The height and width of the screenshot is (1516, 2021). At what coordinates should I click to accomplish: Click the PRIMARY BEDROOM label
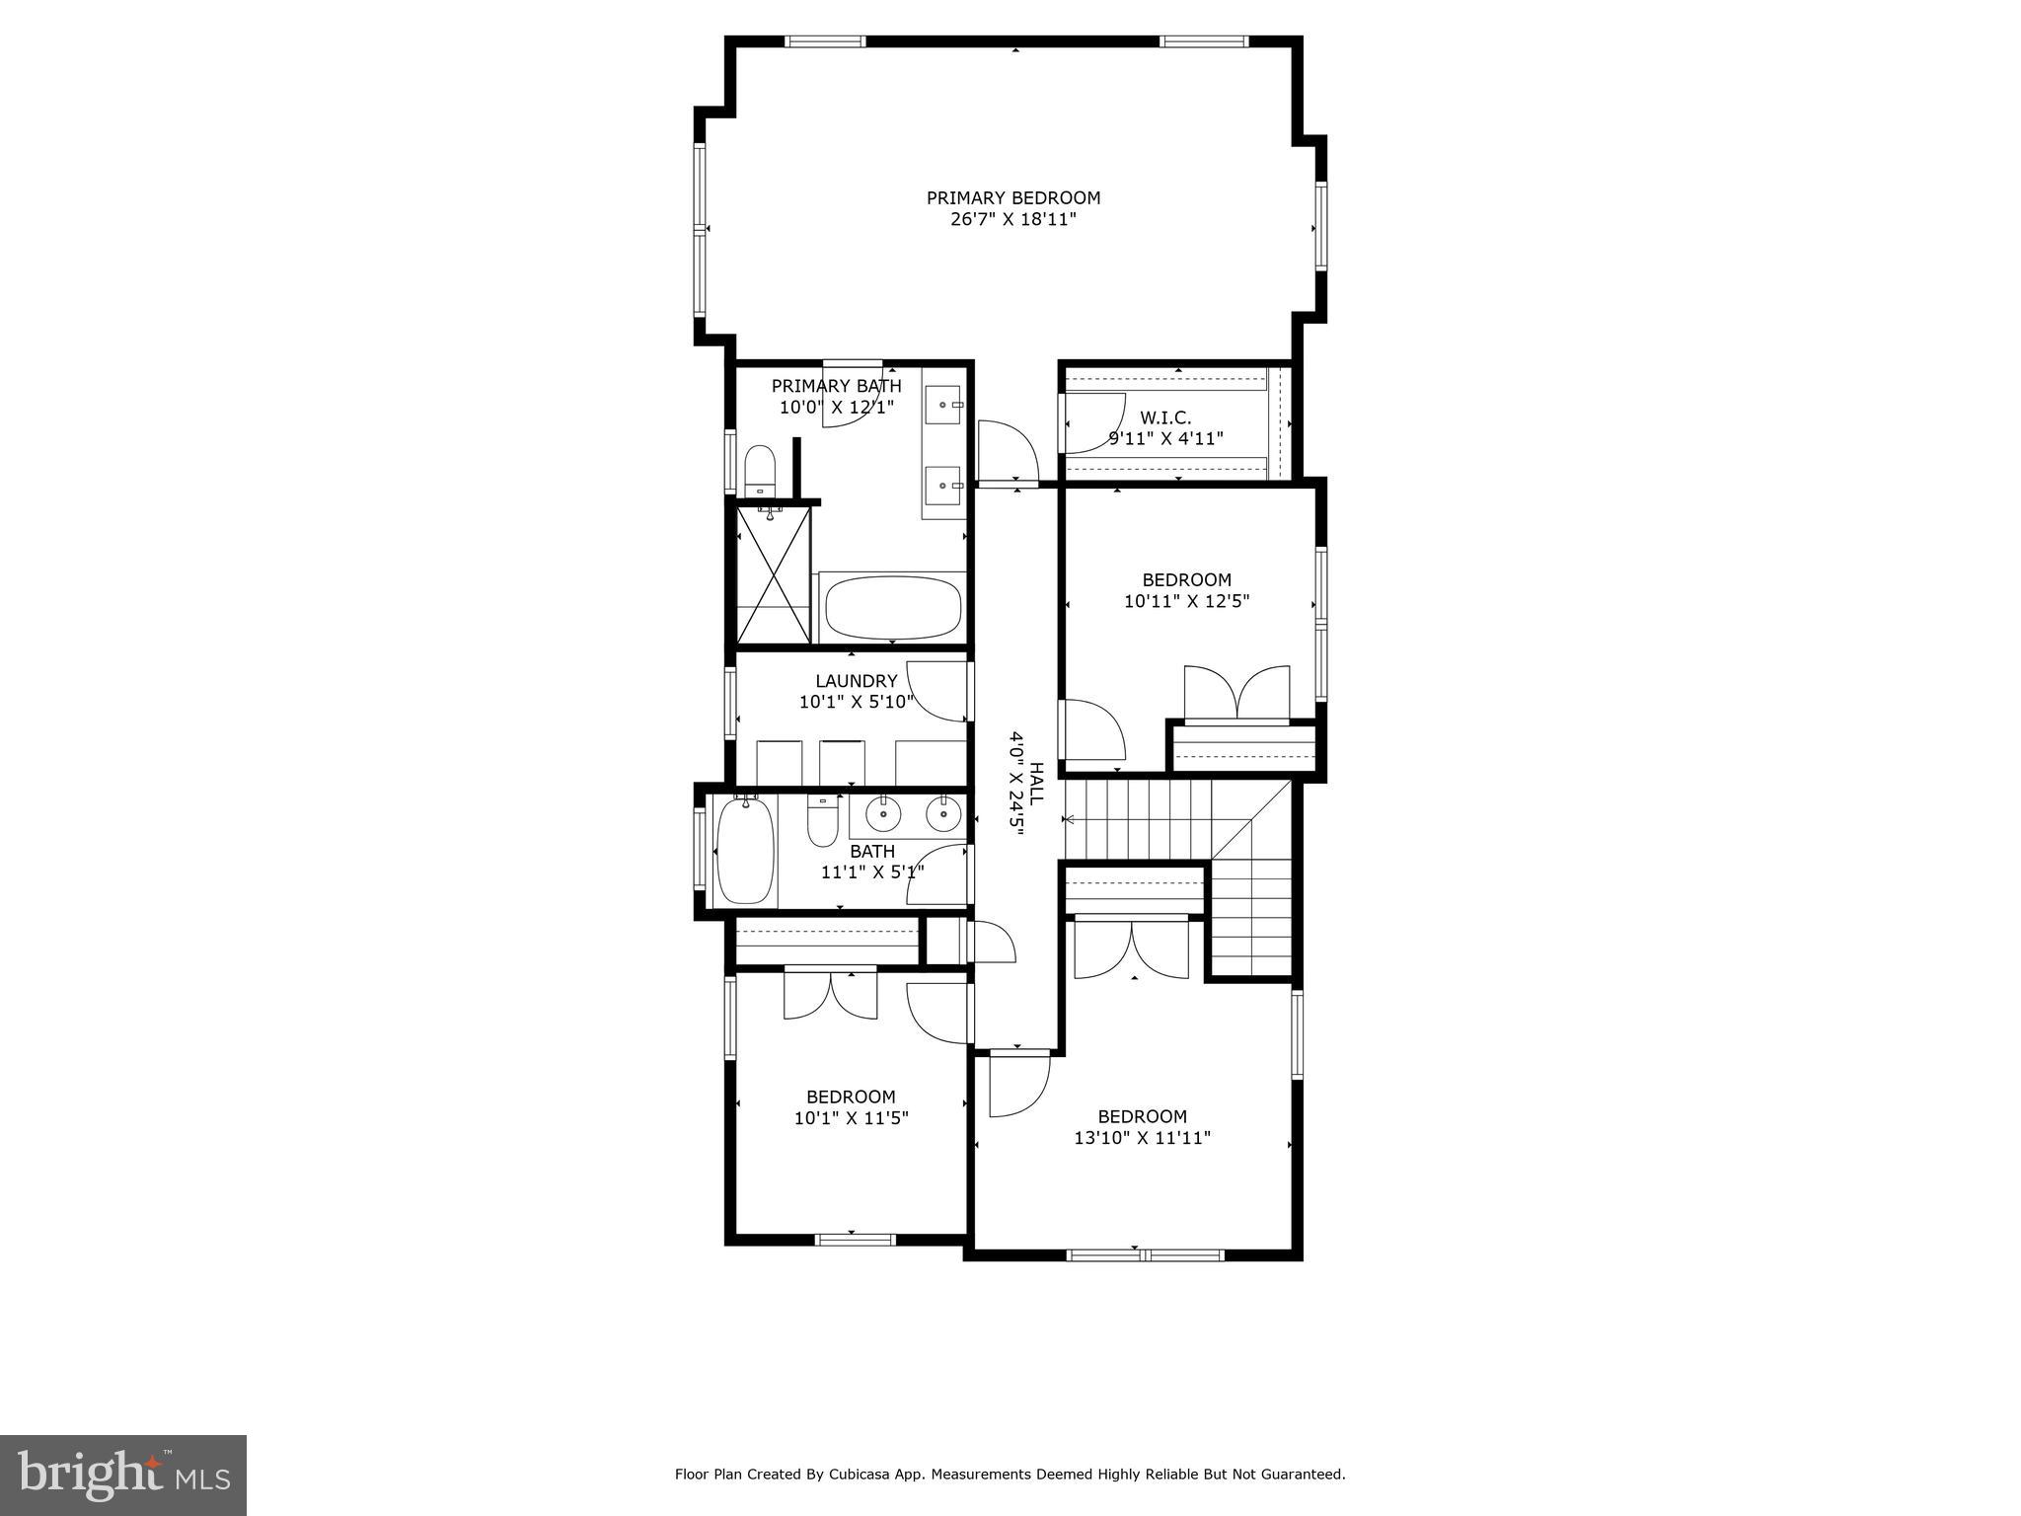1012,198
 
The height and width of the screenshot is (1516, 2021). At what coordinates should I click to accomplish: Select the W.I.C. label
1165,418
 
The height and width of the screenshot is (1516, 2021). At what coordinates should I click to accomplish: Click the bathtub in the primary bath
892,608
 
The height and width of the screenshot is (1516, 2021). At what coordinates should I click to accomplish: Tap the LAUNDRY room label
856,681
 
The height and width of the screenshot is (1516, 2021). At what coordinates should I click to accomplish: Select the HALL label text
1037,784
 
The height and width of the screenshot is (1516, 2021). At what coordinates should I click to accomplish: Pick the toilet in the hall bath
822,822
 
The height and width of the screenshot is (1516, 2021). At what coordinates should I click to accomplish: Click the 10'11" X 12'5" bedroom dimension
1186,601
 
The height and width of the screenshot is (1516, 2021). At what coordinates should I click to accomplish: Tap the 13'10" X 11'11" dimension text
1142,1138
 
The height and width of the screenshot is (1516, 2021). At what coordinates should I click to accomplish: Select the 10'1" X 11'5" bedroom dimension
851,1118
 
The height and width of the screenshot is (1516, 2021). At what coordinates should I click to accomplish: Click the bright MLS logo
123,1475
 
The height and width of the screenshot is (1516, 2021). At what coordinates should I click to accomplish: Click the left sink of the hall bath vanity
882,815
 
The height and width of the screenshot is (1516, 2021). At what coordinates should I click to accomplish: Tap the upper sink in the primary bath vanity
942,404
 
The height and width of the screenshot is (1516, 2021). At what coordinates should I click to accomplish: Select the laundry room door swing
936,691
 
